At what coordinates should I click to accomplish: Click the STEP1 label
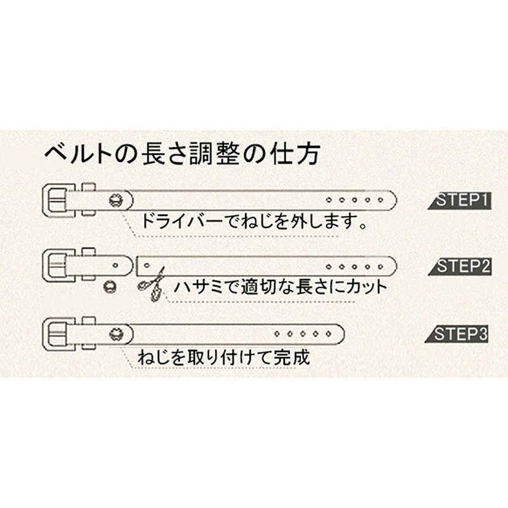coord(462,201)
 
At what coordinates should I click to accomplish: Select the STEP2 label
coord(462,267)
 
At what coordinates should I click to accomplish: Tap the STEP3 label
coord(462,335)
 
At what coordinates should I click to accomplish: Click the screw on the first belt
coord(116,199)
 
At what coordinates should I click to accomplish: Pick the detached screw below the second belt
coord(110,286)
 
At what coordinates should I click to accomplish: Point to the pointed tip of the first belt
coord(394,199)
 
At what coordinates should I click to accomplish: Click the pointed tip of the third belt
coord(342,331)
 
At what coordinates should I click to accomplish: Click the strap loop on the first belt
coord(88,199)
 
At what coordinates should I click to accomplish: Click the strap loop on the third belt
coord(88,331)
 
